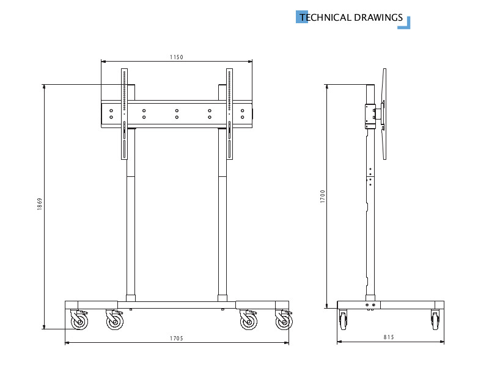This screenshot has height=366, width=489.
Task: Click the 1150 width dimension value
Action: pos(177,57)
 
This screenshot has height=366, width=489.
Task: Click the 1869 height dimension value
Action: pos(40,204)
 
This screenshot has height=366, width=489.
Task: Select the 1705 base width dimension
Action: pos(177,338)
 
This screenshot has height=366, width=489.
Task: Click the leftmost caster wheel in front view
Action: pos(79,321)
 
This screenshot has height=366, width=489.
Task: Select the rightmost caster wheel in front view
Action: pos(284,321)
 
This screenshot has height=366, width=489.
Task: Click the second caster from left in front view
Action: pos(114,321)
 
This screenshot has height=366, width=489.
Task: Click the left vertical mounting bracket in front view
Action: pos(124,113)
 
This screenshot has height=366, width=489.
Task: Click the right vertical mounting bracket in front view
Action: pos(230,113)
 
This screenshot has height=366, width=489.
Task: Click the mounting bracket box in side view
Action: pos(370,116)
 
